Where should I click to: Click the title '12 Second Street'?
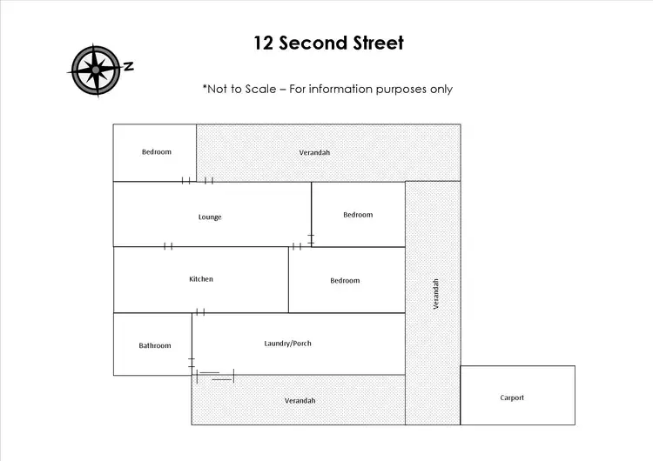[328, 43]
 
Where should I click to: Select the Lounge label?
[210, 217]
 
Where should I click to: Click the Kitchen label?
[201, 279]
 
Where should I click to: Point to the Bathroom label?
[155, 345]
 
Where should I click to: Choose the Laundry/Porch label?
[287, 344]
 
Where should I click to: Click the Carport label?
[512, 398]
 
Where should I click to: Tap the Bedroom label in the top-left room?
[157, 152]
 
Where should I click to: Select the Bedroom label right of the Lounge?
[358, 215]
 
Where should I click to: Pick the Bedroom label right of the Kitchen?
[345, 281]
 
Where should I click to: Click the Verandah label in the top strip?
[314, 153]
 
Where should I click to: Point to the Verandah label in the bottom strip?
[300, 400]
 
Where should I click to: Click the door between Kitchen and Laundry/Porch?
[200, 312]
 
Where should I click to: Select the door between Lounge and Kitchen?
[168, 246]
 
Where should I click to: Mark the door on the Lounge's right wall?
[311, 238]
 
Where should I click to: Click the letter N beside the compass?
[128, 66]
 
